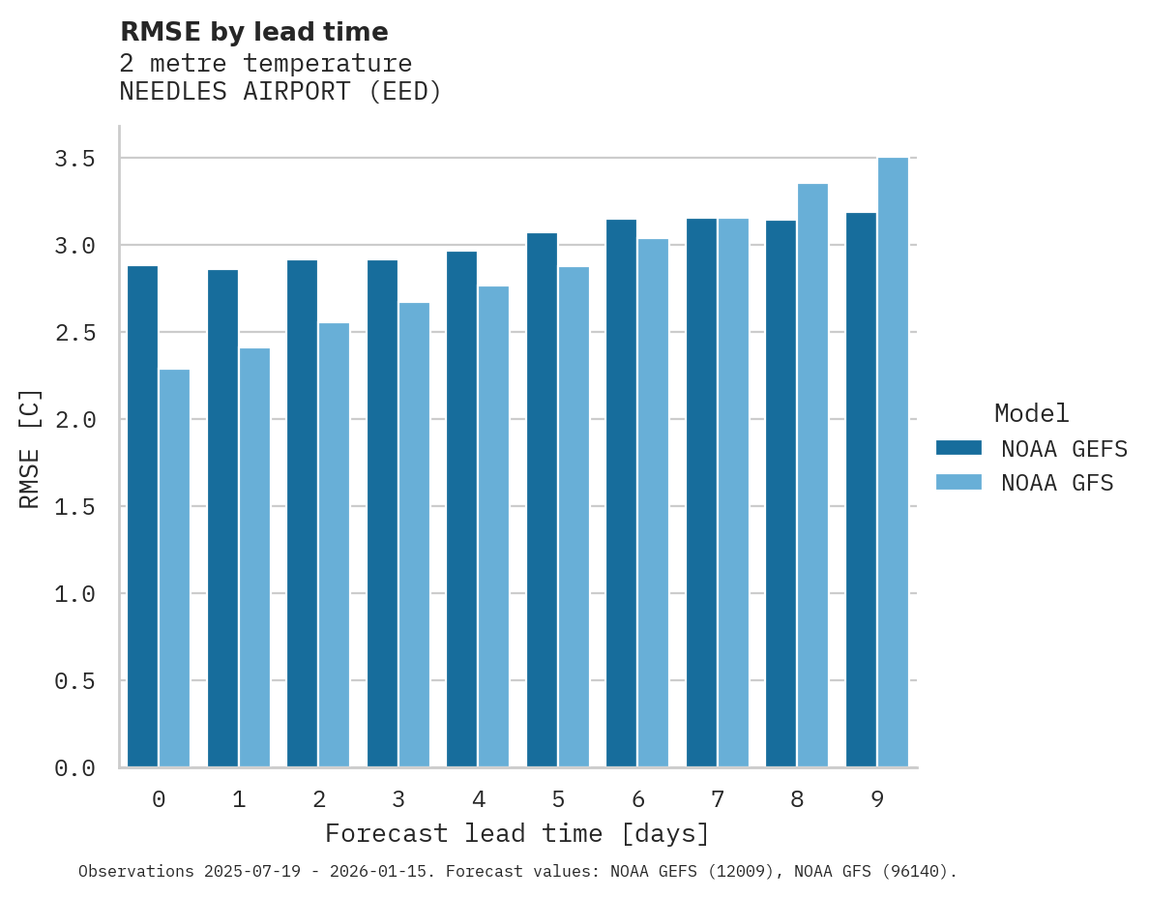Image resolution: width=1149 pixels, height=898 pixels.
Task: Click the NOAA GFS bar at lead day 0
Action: [x=174, y=568]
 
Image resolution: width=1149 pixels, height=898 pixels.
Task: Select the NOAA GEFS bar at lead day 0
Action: [x=142, y=517]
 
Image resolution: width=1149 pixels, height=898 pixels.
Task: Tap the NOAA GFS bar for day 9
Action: [x=893, y=463]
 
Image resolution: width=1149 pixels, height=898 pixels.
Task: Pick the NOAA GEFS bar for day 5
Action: [x=542, y=500]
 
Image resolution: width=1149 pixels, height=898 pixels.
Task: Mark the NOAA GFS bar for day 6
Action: [x=653, y=503]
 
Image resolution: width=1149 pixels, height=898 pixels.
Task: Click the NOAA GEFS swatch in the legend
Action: [x=958, y=448]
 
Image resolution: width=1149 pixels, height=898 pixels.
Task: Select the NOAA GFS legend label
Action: [x=1057, y=483]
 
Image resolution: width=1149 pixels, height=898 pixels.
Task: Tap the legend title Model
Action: [x=1031, y=414]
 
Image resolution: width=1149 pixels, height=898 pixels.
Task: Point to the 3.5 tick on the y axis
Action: [x=74, y=159]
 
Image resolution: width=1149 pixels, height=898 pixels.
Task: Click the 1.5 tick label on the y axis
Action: [x=74, y=507]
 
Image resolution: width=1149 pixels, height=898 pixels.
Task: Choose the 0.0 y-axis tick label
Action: [x=74, y=768]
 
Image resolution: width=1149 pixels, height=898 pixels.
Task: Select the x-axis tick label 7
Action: [x=718, y=799]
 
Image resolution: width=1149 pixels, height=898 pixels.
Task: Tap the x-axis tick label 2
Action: [x=318, y=799]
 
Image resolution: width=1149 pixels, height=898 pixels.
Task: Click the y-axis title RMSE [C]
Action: [x=31, y=448]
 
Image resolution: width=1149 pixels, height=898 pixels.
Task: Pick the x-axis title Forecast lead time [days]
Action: [x=517, y=834]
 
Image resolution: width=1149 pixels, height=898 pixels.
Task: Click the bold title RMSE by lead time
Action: [x=253, y=32]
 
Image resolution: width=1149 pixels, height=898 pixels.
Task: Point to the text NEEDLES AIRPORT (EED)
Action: [x=280, y=93]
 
